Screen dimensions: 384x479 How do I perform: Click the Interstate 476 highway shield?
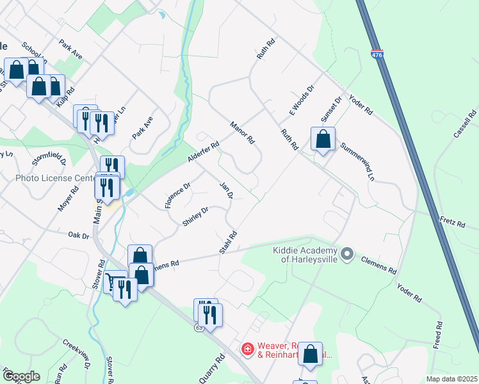coord(377,55)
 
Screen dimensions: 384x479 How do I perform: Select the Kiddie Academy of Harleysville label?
coord(309,255)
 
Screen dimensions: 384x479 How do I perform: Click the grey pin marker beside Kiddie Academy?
coord(347,255)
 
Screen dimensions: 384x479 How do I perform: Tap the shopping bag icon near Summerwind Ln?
coord(323,139)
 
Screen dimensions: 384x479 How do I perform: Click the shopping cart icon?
coord(114,282)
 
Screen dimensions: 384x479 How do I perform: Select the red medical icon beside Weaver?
coord(247,349)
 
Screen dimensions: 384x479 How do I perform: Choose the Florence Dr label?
coord(177,196)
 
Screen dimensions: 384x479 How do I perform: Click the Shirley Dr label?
coord(196,217)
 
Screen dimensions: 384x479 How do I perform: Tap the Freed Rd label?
coord(438,335)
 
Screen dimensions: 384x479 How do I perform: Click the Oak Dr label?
coord(79,236)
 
